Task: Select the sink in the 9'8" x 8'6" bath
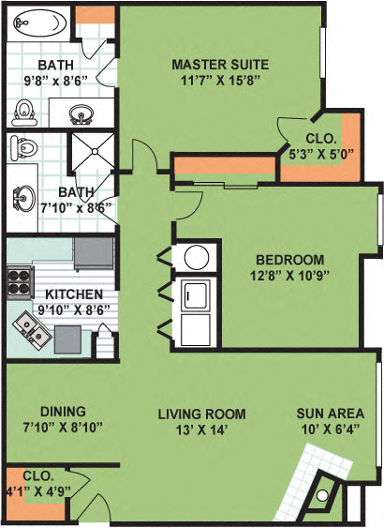(82, 115)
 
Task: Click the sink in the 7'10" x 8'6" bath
(21, 197)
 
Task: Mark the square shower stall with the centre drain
(93, 151)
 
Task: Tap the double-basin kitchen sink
(31, 327)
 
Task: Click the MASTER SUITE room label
(220, 65)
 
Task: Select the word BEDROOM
(290, 260)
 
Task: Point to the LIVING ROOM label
(201, 414)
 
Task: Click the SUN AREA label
(325, 414)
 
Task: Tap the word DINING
(64, 411)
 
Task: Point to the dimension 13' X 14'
(202, 429)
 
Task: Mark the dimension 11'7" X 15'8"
(220, 80)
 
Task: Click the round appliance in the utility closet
(197, 255)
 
